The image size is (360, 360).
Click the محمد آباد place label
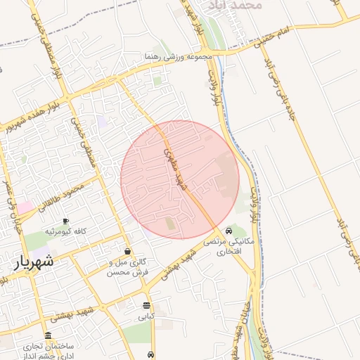(x=240, y=5)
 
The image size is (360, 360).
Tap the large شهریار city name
(x=34, y=262)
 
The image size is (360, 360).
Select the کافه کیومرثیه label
(x=65, y=231)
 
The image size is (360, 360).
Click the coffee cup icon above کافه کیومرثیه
(x=65, y=221)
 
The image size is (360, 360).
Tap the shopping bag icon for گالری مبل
(x=127, y=251)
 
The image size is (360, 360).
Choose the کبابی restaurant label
(x=146, y=317)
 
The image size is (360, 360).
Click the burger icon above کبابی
(x=146, y=306)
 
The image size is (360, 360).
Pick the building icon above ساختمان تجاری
(x=48, y=336)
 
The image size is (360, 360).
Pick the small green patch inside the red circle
(x=170, y=224)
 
